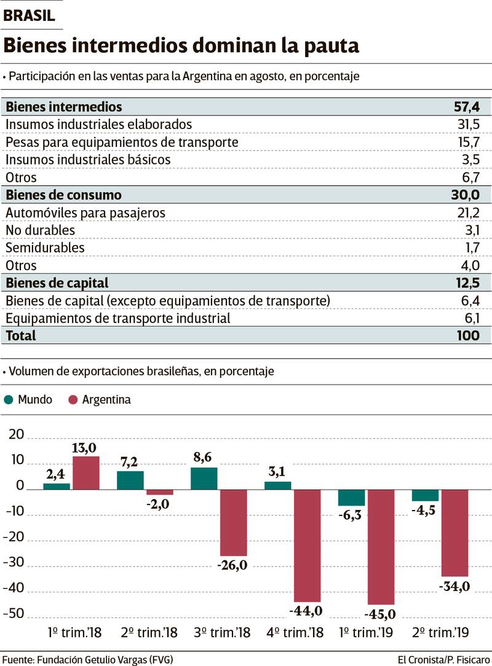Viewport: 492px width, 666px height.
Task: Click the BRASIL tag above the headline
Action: point(29,16)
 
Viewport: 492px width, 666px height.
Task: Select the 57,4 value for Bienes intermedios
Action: point(467,107)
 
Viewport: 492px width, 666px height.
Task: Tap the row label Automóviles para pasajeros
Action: point(85,213)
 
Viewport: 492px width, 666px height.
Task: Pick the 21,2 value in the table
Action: point(467,213)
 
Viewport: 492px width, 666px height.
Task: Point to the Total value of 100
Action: point(469,335)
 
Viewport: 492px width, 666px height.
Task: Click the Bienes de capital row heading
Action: point(57,283)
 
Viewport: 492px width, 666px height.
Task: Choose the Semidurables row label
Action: point(46,248)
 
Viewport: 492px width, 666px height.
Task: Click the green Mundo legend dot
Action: point(9,400)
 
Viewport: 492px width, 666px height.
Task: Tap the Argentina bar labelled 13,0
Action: point(86,473)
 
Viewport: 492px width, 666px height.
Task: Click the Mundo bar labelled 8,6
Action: point(204,479)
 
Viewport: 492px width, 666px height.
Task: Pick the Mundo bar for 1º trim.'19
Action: point(351,498)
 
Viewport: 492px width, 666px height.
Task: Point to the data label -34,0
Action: point(454,587)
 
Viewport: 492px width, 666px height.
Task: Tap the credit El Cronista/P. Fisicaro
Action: point(443,660)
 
